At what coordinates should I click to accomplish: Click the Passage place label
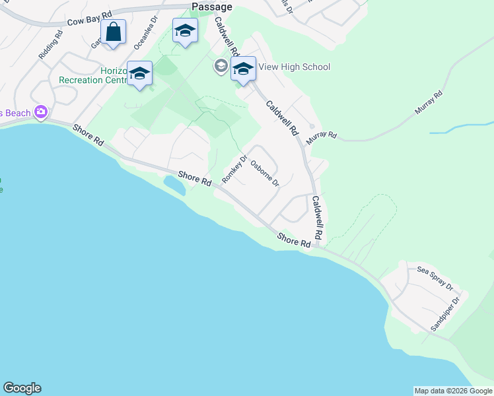click(212, 7)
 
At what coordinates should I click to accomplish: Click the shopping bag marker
click(114, 32)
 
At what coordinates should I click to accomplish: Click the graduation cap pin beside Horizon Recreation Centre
click(139, 74)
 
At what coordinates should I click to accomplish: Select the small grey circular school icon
click(221, 66)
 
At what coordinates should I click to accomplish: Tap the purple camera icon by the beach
click(42, 112)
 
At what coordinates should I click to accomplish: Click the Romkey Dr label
click(234, 170)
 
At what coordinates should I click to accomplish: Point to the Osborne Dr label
click(265, 174)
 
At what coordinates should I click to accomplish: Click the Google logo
click(22, 388)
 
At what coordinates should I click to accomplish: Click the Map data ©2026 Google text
click(453, 391)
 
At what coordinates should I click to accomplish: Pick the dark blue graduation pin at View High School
click(243, 71)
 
